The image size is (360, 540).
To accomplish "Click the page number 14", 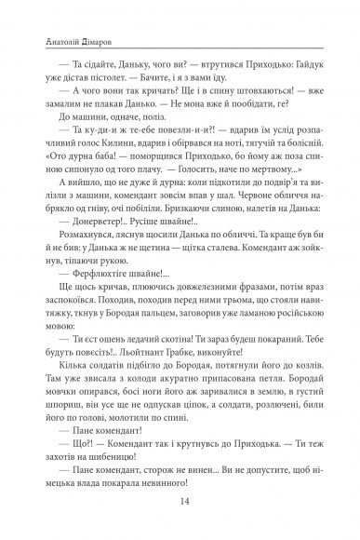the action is click(180, 505).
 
